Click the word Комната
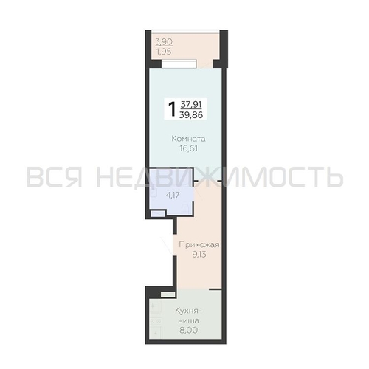(x=188, y=139)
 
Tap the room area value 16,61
(x=189, y=148)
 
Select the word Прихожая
(x=199, y=245)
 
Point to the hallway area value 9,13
(x=199, y=255)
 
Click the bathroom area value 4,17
(x=173, y=196)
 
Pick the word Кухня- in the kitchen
(x=188, y=311)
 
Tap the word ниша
(x=189, y=321)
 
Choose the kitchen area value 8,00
(x=189, y=330)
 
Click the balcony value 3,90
(x=164, y=42)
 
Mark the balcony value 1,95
(x=164, y=52)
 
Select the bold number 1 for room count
(x=172, y=109)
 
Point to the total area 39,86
(x=191, y=114)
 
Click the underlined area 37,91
(x=191, y=105)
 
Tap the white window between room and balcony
(x=179, y=63)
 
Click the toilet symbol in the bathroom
(x=184, y=209)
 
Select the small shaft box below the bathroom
(x=158, y=213)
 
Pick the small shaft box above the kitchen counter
(x=168, y=294)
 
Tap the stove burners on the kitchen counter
(x=156, y=321)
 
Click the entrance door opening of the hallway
(x=175, y=245)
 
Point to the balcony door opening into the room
(x=204, y=63)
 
